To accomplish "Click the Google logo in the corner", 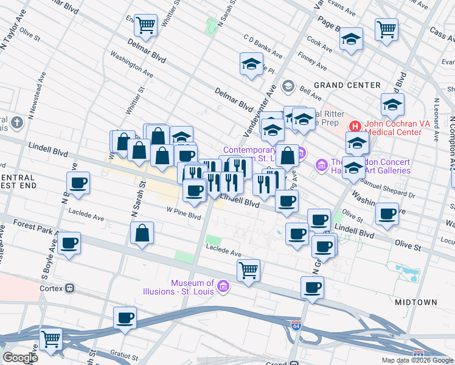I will point(20,358).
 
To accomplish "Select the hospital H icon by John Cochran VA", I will point(356,127).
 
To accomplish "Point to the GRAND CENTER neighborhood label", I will point(347,85).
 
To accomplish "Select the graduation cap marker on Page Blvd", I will point(351,40).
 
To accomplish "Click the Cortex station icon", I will point(70,288).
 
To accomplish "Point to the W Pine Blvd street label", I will point(184,215).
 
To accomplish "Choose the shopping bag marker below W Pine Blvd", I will point(142,233).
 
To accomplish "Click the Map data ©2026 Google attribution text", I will point(417,360).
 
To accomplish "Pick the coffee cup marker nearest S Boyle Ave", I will point(69,245).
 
